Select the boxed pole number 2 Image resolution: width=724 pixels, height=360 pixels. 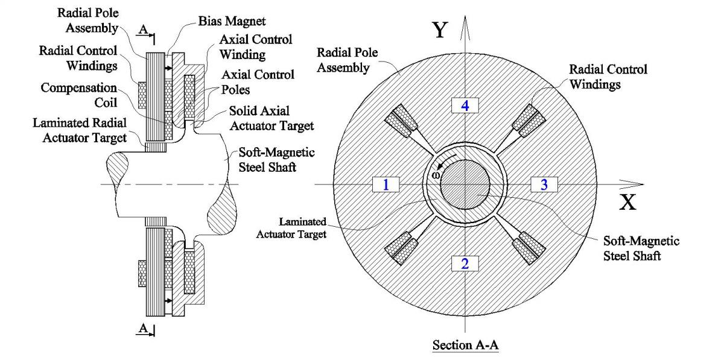(465, 263)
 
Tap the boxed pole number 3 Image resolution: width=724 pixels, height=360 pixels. (544, 185)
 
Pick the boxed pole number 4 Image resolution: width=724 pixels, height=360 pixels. (465, 106)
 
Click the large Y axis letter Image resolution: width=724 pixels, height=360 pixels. (441, 30)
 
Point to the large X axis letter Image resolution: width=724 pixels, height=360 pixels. (628, 203)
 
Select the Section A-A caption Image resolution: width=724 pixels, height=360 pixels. (465, 347)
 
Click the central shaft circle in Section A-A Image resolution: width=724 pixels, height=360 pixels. (465, 185)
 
